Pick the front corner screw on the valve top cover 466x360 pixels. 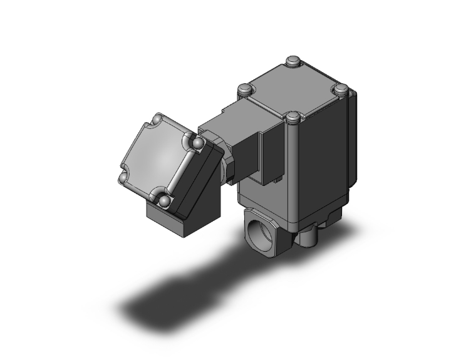pyautogui.click(x=293, y=117)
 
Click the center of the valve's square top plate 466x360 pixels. pyautogui.click(x=293, y=89)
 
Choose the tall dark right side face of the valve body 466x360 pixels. pyautogui.click(x=326, y=163)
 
